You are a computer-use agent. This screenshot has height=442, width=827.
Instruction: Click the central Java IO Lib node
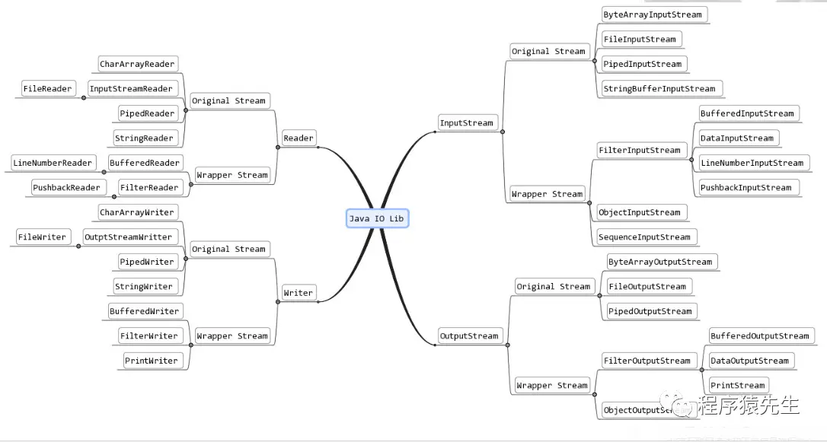[x=377, y=218]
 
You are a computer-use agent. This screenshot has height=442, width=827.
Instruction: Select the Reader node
[x=299, y=138]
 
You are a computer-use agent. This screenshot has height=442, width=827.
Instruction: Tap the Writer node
[x=298, y=293]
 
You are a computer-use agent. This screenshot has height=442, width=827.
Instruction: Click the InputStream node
[x=467, y=122]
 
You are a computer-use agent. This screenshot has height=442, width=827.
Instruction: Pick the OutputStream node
[x=469, y=335]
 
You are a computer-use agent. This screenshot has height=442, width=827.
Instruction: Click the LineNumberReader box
[x=53, y=163]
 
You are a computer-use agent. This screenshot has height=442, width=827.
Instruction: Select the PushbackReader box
[x=66, y=187]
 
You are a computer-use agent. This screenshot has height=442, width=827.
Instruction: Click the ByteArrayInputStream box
[x=653, y=14]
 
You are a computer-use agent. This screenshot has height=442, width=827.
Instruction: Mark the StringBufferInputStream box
[x=659, y=88]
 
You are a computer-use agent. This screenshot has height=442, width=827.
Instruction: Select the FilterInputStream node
[x=639, y=150]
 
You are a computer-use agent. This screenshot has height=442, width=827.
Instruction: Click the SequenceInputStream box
[x=644, y=237]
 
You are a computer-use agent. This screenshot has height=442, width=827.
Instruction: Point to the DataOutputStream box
[x=749, y=361]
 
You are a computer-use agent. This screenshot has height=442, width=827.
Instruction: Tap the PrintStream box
[x=737, y=385]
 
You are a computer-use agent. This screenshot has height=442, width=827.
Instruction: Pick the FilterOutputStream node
[x=647, y=361]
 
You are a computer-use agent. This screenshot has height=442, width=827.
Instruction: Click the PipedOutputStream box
[x=650, y=311]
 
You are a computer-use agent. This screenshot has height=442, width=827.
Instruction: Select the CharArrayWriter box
[x=137, y=212]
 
